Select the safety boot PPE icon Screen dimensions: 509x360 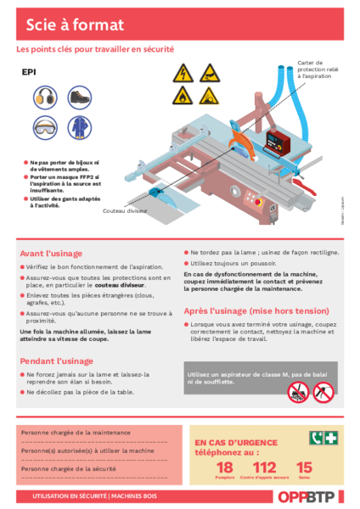[79, 98]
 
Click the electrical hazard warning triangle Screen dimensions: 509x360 [181, 73]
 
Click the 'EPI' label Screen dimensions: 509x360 [29, 73]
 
